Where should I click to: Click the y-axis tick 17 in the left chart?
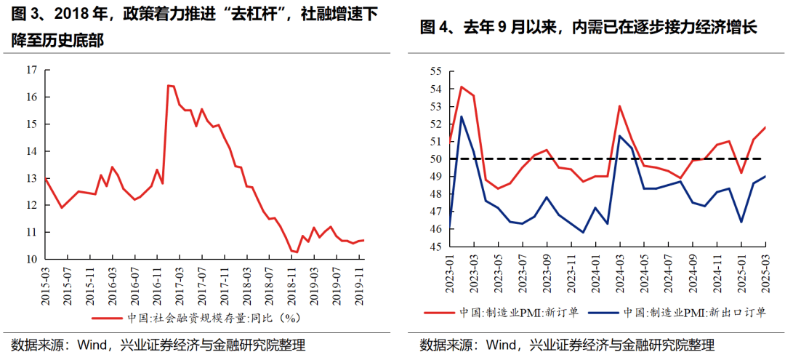click(31, 70)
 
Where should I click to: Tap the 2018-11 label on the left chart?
click(291, 281)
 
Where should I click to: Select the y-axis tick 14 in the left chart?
click(31, 151)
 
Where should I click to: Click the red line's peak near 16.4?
click(169, 86)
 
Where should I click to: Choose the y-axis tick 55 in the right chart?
click(436, 71)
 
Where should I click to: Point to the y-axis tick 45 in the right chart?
click(436, 247)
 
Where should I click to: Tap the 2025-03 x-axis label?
click(765, 271)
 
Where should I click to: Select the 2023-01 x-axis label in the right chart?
click(451, 271)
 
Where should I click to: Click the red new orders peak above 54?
click(462, 87)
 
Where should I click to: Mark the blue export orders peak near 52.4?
click(462, 116)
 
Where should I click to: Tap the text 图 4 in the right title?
click(434, 28)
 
